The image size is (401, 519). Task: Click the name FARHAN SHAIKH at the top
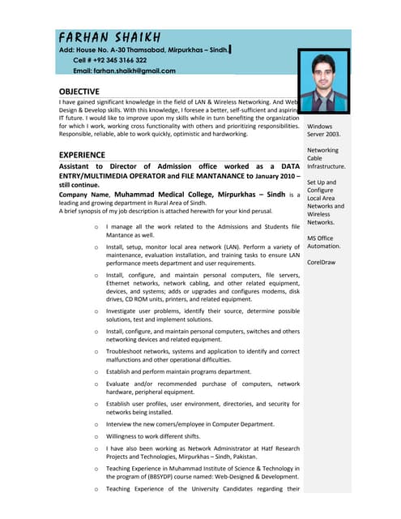point(109,38)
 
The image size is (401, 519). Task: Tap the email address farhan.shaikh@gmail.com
point(124,71)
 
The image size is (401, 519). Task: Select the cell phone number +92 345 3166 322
point(110,60)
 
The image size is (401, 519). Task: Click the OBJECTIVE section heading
point(79,92)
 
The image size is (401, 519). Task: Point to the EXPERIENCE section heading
point(82,154)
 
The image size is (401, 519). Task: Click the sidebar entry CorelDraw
point(322,262)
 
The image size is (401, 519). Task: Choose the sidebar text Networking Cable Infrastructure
point(326,158)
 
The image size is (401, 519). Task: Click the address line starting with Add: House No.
point(143,49)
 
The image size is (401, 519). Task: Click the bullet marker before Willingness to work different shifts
point(96,439)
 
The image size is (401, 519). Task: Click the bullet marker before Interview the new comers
point(96,424)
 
